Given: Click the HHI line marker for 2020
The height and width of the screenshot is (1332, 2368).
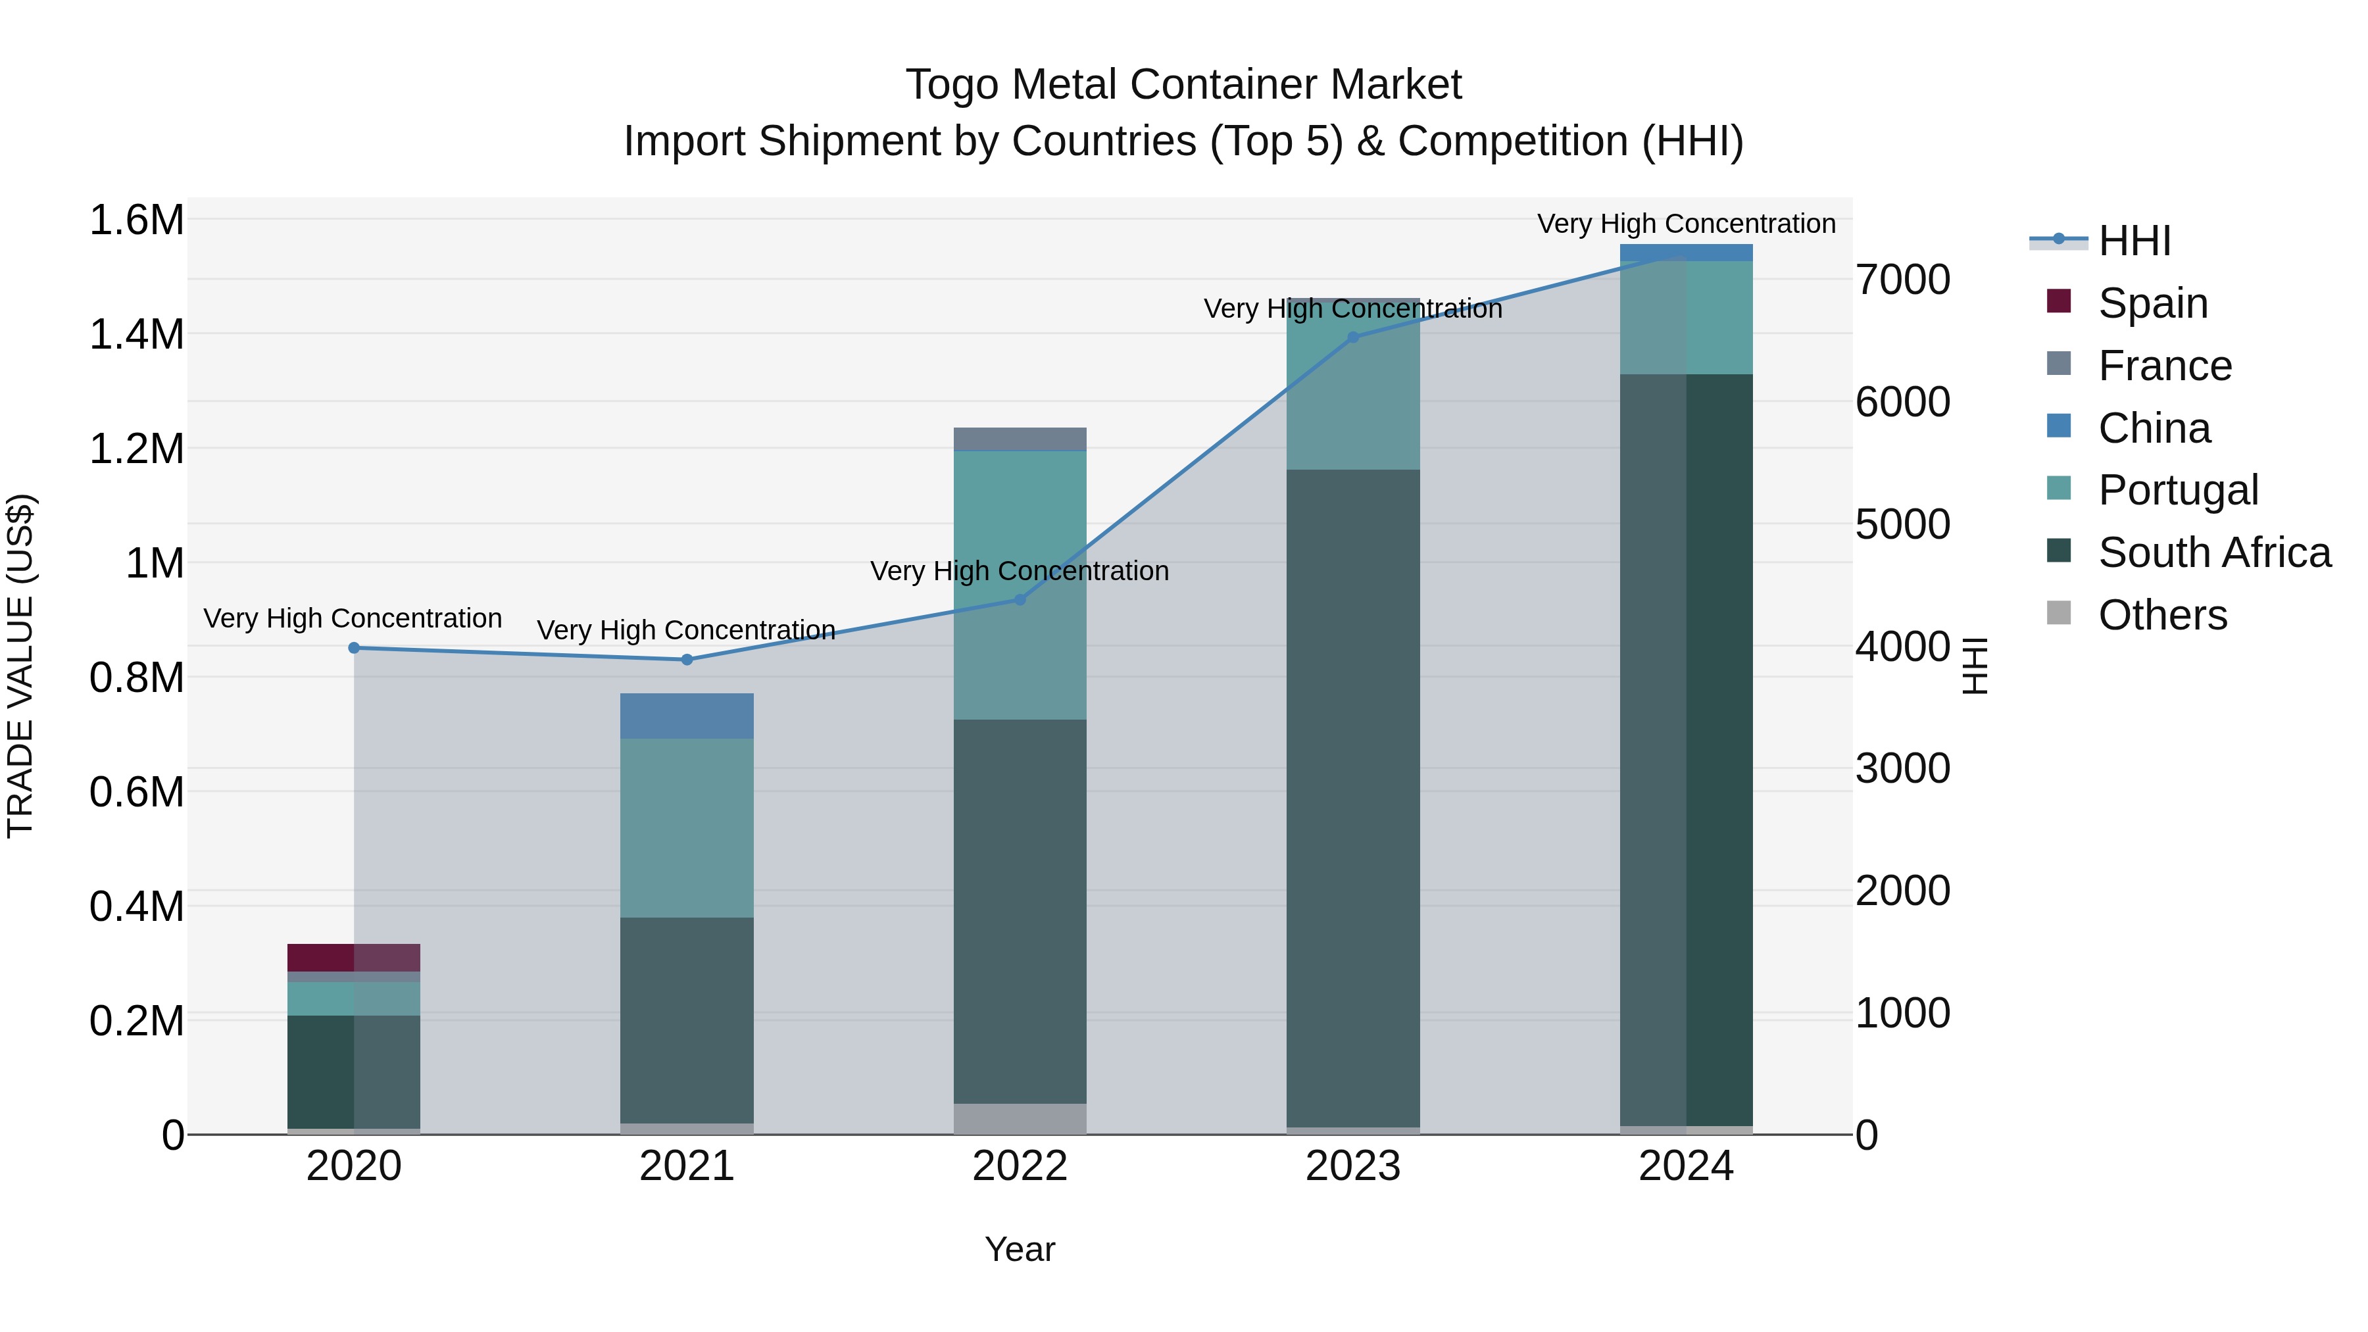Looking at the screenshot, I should (354, 648).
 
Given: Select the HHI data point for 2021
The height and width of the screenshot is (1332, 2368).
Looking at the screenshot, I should (687, 659).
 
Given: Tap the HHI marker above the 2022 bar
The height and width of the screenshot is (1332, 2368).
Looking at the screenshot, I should (1020, 599).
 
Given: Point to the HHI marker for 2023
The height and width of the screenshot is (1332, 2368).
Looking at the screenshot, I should (1352, 337).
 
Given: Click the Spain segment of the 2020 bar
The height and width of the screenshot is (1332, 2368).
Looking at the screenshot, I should (354, 957).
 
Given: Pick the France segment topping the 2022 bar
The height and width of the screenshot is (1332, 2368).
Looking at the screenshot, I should (1020, 439).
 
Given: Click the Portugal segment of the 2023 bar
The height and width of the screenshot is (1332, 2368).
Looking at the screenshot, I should (1352, 384).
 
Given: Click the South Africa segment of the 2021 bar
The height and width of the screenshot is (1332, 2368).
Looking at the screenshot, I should (687, 1020).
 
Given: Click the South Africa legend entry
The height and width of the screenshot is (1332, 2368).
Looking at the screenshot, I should (2213, 553).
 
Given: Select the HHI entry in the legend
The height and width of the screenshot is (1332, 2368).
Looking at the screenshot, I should (2133, 241).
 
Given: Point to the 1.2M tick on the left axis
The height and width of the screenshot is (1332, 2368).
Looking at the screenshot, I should (136, 449).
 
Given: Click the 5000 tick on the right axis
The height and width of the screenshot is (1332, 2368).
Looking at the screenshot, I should (1902, 524).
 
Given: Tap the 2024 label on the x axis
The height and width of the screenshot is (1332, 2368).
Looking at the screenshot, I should (1685, 1166).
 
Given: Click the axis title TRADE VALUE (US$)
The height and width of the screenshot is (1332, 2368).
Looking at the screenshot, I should (20, 666).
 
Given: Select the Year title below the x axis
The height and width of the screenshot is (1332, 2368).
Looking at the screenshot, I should (1020, 1249).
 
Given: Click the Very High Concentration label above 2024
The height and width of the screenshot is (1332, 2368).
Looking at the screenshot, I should (1686, 224).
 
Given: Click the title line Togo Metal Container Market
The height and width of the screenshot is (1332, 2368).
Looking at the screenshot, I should (1183, 85).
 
